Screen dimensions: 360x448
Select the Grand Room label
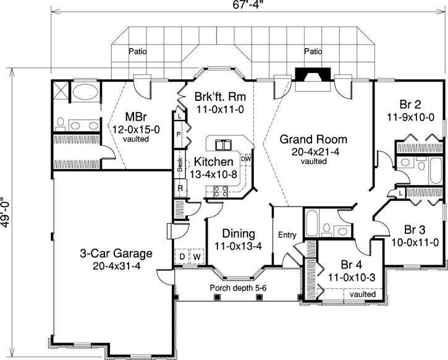click(x=313, y=139)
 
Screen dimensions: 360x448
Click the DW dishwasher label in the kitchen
click(x=245, y=158)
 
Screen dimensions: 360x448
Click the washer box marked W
click(x=198, y=255)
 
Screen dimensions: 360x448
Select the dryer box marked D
click(x=183, y=255)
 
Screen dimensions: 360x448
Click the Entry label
click(x=287, y=234)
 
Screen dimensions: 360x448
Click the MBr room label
click(x=136, y=117)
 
